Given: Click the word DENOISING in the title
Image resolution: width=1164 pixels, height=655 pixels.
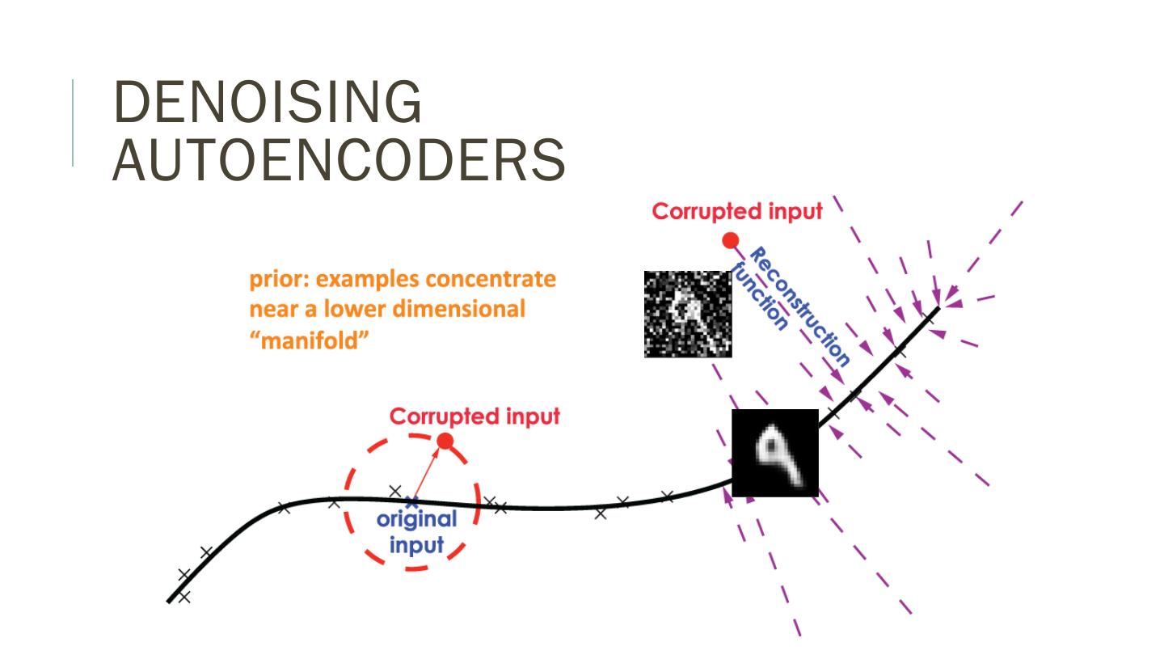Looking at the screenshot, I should (267, 103).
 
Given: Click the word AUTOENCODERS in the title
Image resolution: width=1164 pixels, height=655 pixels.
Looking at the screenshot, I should (338, 159).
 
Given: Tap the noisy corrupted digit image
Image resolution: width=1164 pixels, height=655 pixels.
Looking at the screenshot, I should (688, 314).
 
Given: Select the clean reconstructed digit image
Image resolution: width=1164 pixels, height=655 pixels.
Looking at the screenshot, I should (775, 452).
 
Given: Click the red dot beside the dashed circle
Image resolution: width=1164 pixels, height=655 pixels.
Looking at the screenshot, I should (444, 441).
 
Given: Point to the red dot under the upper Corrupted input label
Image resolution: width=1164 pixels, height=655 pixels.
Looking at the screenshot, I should (731, 240).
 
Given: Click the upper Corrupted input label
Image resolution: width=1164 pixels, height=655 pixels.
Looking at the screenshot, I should (737, 212).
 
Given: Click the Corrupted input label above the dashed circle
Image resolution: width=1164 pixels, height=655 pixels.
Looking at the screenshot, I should (474, 416).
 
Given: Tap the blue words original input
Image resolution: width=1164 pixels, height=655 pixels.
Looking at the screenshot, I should (416, 531).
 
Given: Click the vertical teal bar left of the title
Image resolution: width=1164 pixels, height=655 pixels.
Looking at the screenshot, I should (74, 122).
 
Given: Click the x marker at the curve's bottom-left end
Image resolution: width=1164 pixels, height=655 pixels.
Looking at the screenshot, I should (183, 597).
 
